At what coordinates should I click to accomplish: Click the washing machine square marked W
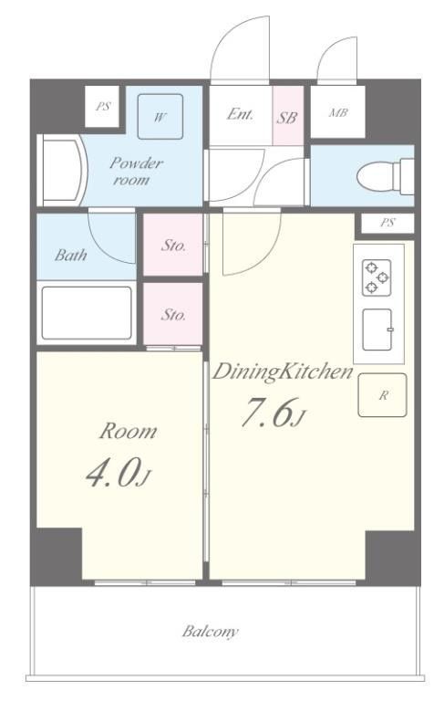coord(160,116)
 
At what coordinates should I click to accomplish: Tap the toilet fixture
coord(386,175)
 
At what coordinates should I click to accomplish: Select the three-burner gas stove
coord(377,277)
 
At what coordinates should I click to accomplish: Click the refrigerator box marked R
coord(382,395)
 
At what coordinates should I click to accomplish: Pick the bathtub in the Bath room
coord(87,313)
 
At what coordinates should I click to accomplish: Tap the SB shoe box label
coord(286,118)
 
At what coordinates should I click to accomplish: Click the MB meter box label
coord(338,112)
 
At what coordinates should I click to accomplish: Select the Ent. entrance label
coord(240,114)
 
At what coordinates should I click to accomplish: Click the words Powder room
coord(134,172)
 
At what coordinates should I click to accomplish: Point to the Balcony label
coord(210,632)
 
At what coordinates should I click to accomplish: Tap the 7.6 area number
coord(267,413)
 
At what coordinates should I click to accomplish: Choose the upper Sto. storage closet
coord(173,245)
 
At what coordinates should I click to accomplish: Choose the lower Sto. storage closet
coord(173,314)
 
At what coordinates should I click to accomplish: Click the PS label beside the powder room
coord(103,107)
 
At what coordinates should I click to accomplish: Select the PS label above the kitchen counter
coord(387,222)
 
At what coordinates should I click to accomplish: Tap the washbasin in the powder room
coord(63,171)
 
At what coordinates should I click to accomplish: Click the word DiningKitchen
coord(283,372)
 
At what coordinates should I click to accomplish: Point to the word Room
coord(129,432)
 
